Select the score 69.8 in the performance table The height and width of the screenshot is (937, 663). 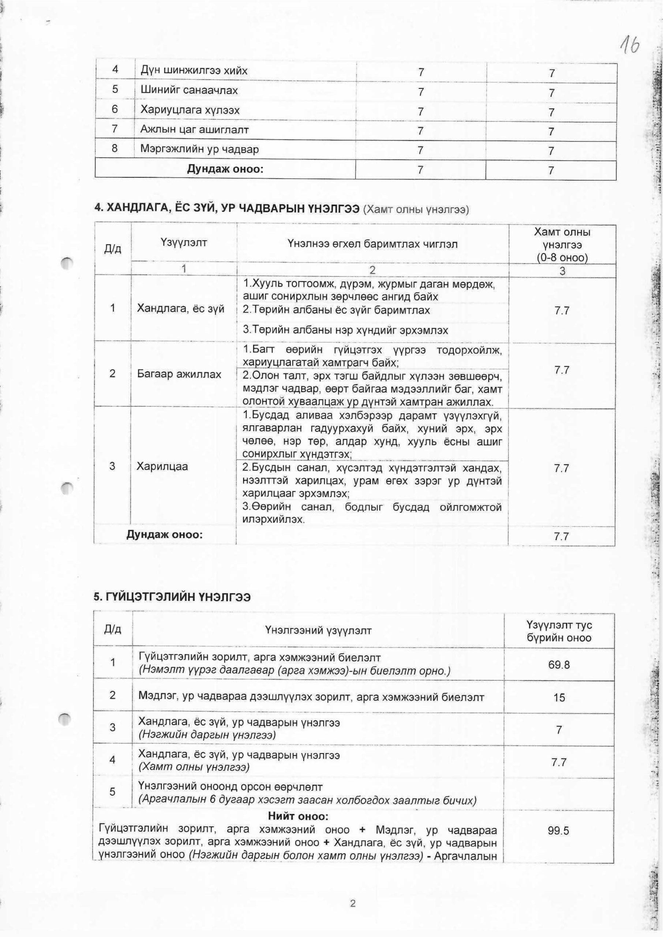(559, 665)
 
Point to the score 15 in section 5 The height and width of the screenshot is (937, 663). (559, 697)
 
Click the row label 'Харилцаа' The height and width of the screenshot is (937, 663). (162, 466)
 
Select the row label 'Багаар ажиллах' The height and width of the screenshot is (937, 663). (179, 374)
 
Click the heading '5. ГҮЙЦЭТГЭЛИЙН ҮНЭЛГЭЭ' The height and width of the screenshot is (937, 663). (172, 597)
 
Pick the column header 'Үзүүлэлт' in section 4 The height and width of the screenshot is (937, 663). (184, 243)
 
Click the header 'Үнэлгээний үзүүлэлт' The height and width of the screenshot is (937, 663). (318, 631)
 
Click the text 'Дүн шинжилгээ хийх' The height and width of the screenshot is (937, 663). (194, 71)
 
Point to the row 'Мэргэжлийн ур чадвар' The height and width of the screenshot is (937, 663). (200, 149)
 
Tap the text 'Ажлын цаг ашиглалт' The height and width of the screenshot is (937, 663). (194, 130)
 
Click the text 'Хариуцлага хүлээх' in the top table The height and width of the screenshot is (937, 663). (190, 110)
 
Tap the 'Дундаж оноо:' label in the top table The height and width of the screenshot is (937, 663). (225, 169)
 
